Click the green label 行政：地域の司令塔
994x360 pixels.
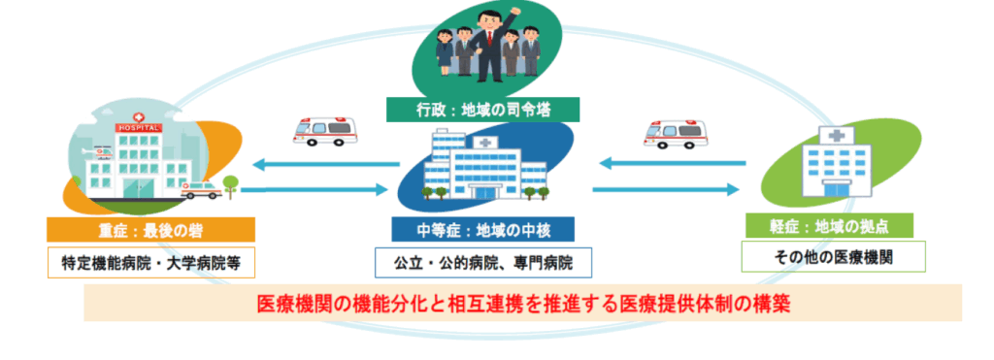(482, 108)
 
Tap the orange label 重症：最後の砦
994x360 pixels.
(150, 230)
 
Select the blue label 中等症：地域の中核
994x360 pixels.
(483, 230)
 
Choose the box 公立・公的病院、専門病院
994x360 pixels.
(482, 261)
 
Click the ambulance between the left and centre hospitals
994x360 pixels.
(324, 132)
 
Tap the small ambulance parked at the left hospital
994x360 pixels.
(201, 191)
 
